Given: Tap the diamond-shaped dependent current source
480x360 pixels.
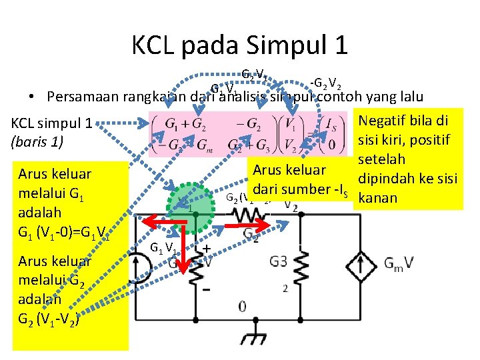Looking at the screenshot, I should point(362,263).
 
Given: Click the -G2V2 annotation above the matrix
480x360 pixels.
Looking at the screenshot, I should point(326,85).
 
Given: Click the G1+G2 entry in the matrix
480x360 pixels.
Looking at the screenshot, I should point(183,125).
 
